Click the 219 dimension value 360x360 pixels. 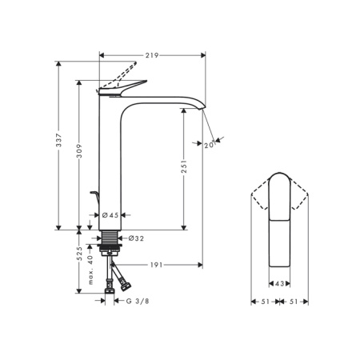(152, 55)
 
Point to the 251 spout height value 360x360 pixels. (184, 167)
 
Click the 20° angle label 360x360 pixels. (209, 145)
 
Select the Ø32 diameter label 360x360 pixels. (134, 238)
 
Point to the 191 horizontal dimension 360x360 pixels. (157, 265)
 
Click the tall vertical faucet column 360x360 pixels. (109, 160)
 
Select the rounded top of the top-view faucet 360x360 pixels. (280, 180)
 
